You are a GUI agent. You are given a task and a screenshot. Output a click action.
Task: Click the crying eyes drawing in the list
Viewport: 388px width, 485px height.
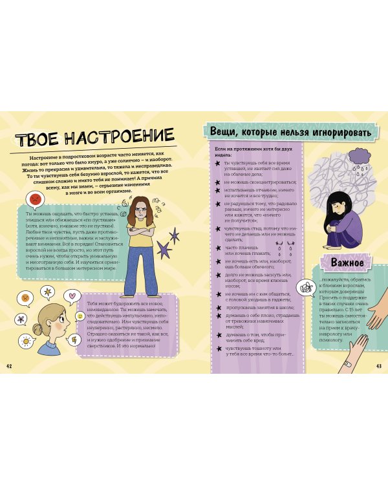(x=280, y=247)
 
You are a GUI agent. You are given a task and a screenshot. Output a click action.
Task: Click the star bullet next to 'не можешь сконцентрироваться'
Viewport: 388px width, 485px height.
(x=219, y=182)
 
